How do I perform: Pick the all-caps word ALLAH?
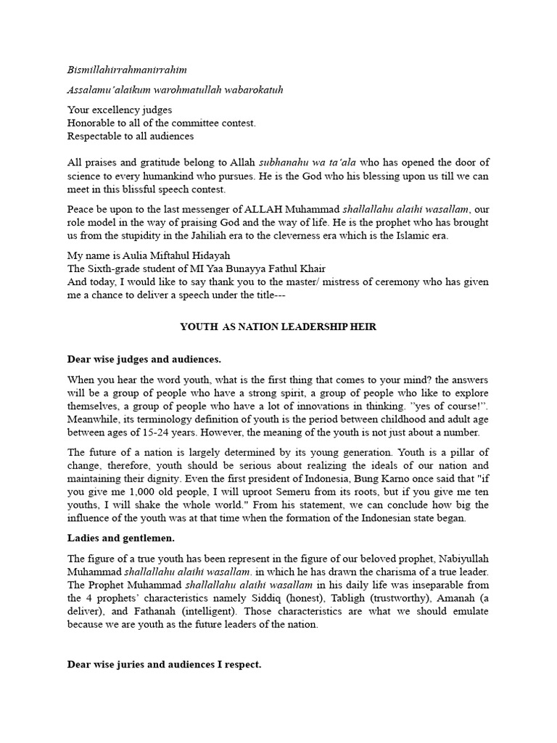tap(268, 210)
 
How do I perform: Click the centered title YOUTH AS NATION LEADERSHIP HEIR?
tap(278, 327)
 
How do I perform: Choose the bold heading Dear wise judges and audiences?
tap(144, 359)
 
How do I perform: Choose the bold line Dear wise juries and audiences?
tap(164, 663)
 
